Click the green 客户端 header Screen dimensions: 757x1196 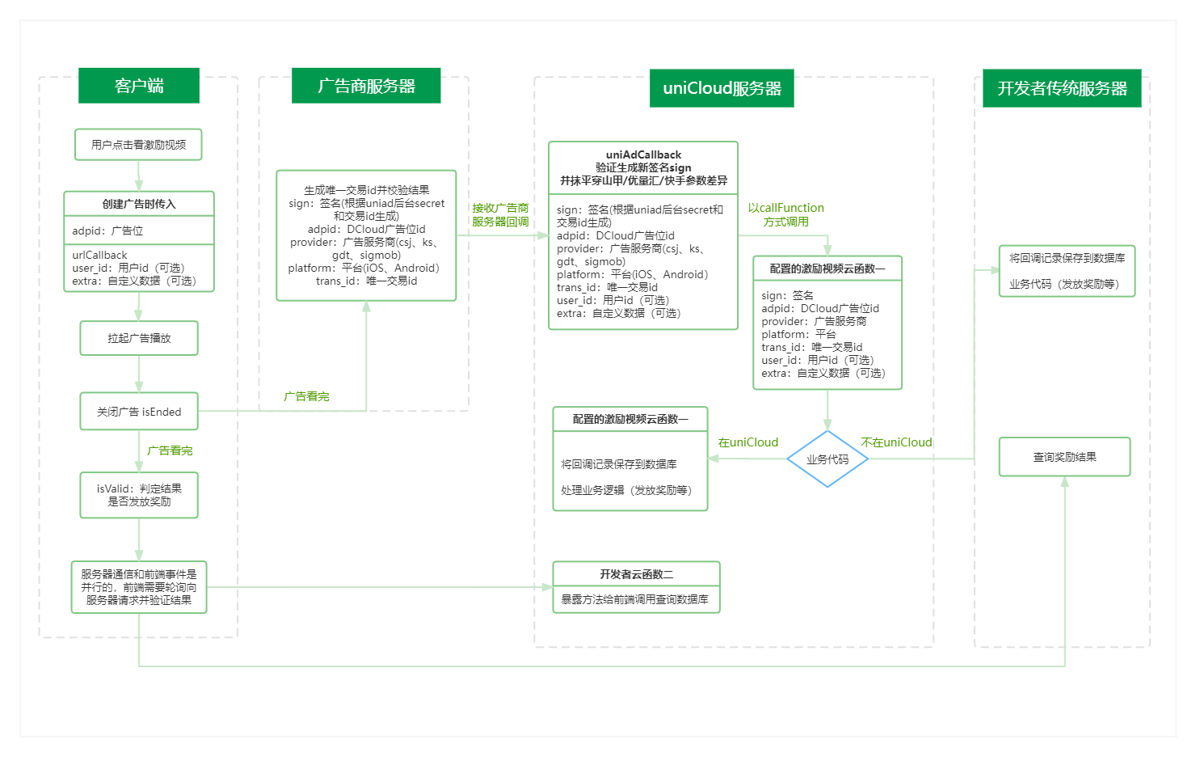click(x=139, y=86)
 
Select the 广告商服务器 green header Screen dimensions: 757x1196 click(x=366, y=86)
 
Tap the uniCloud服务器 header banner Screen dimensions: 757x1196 click(x=722, y=88)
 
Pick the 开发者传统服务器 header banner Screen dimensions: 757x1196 click(x=1062, y=88)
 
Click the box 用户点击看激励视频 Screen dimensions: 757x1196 click(x=138, y=145)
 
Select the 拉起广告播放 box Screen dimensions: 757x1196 click(x=139, y=338)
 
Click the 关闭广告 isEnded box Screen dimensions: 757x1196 click(x=139, y=412)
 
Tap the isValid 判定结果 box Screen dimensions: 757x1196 click(x=139, y=495)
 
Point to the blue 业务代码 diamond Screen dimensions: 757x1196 click(x=828, y=459)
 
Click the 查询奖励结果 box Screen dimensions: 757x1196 click(x=1064, y=457)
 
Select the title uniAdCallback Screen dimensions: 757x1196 click(x=643, y=154)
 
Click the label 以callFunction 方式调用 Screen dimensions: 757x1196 click(x=785, y=214)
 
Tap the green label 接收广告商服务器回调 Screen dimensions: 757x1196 click(x=500, y=214)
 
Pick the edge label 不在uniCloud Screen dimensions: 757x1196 click(x=896, y=442)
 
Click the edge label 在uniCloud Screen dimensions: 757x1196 click(x=748, y=442)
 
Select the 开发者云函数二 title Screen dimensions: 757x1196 click(x=636, y=574)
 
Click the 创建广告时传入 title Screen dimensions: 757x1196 click(x=139, y=204)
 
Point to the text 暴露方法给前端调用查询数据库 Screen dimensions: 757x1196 click(x=635, y=599)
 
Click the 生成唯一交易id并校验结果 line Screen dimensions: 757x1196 click(x=366, y=190)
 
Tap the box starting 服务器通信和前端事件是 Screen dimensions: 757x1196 click(x=139, y=587)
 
